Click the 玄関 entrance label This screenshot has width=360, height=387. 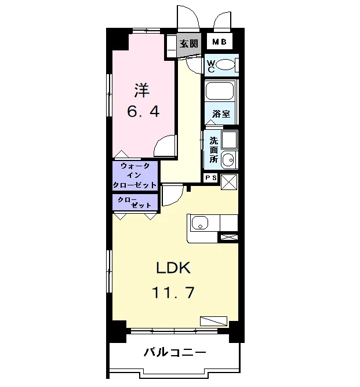click(188, 43)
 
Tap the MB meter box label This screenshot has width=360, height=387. click(219, 42)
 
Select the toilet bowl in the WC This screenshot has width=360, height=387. click(225, 65)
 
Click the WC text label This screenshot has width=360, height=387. click(210, 66)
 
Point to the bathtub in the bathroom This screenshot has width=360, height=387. click(220, 91)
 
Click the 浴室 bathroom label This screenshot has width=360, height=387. click(221, 114)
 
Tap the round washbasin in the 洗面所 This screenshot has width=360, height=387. click(228, 160)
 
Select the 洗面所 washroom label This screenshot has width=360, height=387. click(214, 150)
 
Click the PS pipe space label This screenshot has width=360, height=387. click(211, 178)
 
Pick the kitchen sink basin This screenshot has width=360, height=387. click(200, 223)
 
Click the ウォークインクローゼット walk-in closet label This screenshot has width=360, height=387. click(135, 175)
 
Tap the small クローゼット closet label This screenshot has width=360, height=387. click(134, 202)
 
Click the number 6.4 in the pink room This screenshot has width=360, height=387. click(143, 111)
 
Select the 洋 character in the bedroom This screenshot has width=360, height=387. click(142, 90)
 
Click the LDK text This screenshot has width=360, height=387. click(173, 268)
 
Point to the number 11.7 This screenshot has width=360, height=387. click(173, 293)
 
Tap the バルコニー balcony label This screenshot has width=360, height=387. click(175, 352)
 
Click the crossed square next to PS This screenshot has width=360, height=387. click(229, 182)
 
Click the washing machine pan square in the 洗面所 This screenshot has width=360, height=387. click(230, 140)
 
